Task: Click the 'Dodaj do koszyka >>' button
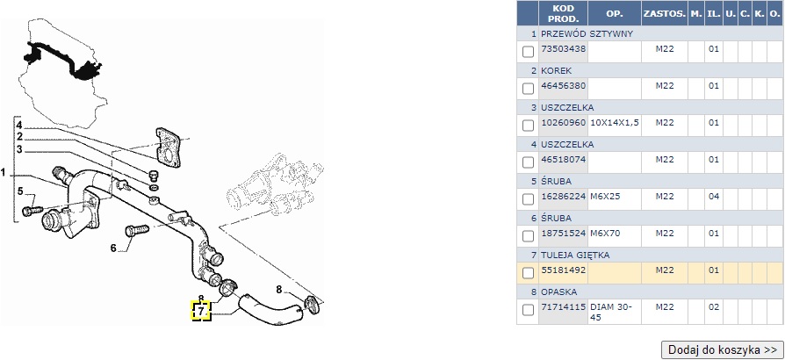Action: (723, 349)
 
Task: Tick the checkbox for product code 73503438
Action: (528, 52)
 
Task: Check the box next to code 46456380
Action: (528, 89)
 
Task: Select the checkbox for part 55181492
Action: (528, 273)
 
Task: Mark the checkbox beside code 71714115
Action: (528, 310)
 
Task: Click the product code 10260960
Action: (563, 122)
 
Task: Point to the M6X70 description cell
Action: (605, 233)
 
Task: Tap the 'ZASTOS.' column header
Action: (665, 13)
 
